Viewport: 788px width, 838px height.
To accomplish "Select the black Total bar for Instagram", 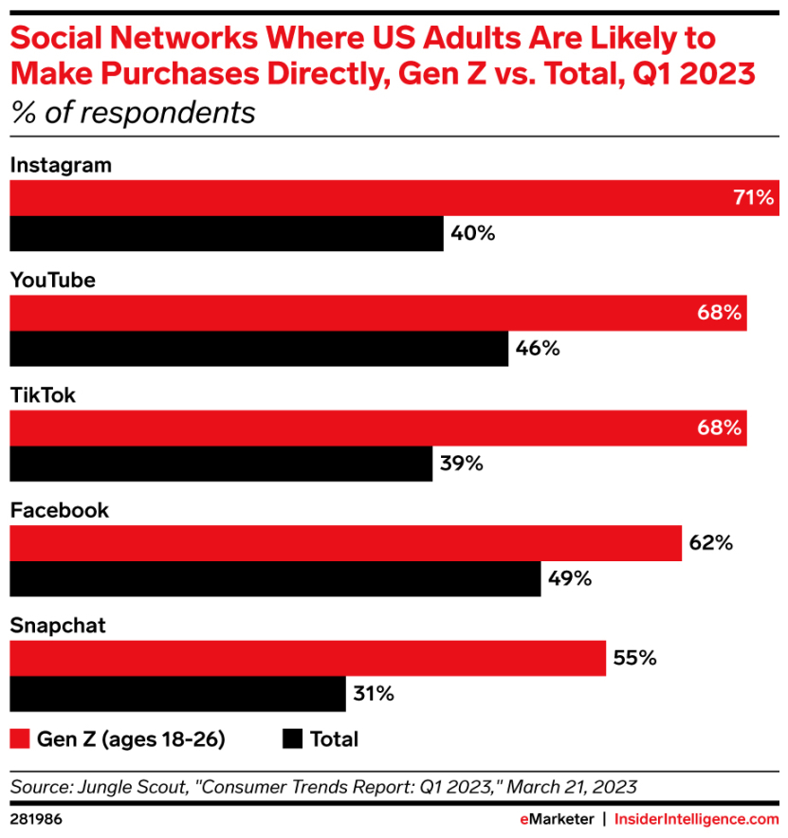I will [227, 233].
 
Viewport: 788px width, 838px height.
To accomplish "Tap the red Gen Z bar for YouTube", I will [378, 313].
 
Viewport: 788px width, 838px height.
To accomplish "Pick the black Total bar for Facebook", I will [275, 578].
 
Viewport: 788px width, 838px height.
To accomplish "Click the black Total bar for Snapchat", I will [177, 693].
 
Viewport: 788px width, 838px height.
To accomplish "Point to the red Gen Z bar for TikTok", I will [378, 428].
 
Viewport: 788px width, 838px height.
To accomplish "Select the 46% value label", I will [538, 348].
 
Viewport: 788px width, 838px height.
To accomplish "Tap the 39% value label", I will [462, 464].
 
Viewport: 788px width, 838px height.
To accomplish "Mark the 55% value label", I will [634, 657].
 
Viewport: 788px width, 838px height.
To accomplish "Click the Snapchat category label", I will [57, 626].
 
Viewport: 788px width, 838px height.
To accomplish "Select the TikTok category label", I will [43, 396].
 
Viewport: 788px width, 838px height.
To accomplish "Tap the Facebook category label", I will [59, 511].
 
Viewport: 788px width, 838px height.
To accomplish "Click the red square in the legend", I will [19, 738].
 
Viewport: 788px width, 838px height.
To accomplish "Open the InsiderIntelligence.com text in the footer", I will [696, 818].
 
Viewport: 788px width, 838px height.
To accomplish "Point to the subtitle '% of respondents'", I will [133, 113].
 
